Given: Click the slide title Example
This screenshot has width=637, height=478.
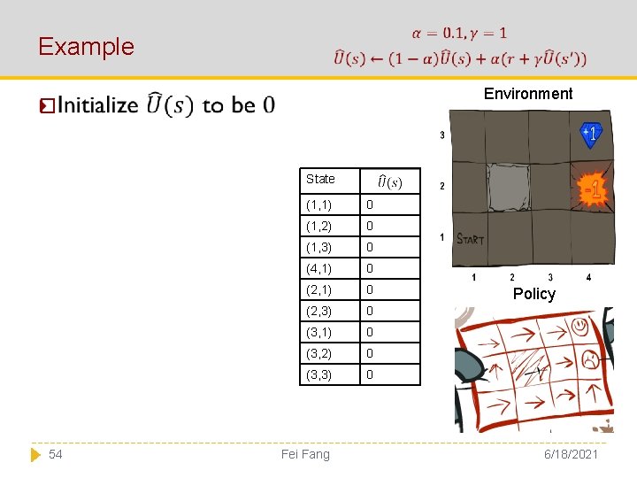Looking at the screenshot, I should (86, 46).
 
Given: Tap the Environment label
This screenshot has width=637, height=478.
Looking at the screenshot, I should (528, 94).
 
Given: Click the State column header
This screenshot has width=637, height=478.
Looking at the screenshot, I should (320, 179).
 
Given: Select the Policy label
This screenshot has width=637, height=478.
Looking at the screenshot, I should (533, 294).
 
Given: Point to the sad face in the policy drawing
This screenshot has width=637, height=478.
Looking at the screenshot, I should (587, 359).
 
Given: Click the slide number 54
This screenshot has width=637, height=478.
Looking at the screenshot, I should (56, 454).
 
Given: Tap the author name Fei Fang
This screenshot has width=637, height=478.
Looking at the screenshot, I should (304, 454).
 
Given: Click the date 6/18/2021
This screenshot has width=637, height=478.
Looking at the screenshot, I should (572, 454).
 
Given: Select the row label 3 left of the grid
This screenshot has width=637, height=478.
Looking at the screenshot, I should (442, 135).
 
